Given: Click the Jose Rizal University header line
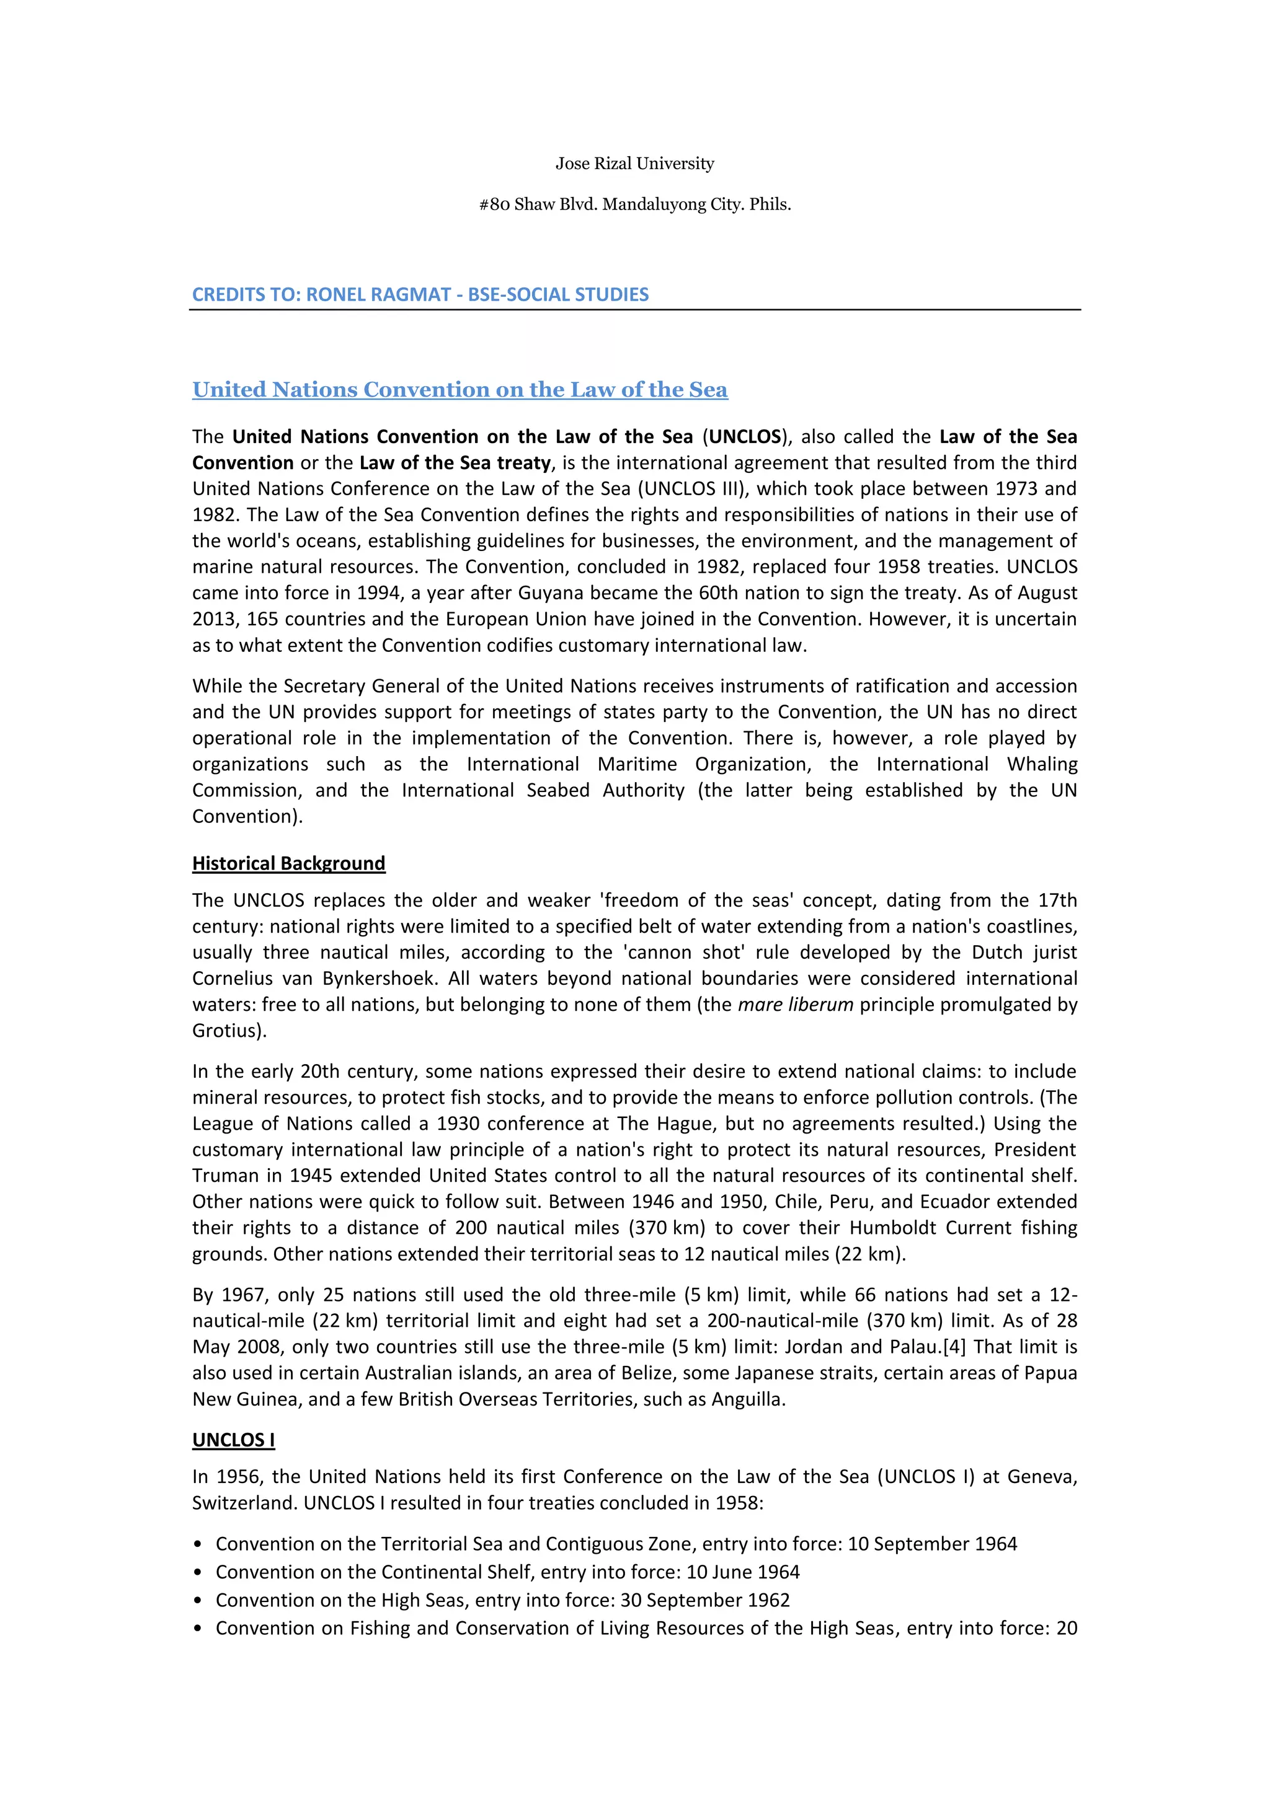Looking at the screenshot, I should coord(634,164).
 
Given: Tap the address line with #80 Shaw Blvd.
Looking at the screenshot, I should coord(634,205).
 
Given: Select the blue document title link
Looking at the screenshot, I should coord(460,390).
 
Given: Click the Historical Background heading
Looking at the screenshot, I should coord(289,863).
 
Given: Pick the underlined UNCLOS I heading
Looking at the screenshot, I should coord(233,1440).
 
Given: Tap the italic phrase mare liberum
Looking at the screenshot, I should coord(795,1005).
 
